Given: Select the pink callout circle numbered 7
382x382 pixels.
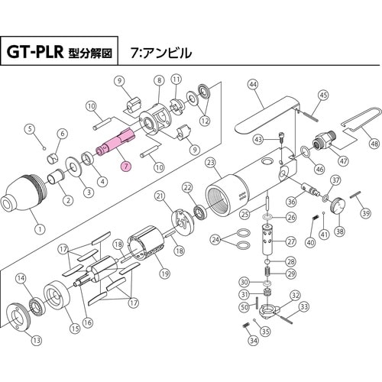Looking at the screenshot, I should click(x=126, y=164).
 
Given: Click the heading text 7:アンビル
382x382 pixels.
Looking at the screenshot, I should click(x=162, y=53).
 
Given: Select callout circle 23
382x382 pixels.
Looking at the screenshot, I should click(x=210, y=162).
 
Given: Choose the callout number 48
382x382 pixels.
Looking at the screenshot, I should click(x=374, y=143).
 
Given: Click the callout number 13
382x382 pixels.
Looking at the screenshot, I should click(x=36, y=339).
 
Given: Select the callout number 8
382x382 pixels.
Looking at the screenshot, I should click(x=160, y=79).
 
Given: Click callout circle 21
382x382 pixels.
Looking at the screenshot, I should click(x=160, y=196).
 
